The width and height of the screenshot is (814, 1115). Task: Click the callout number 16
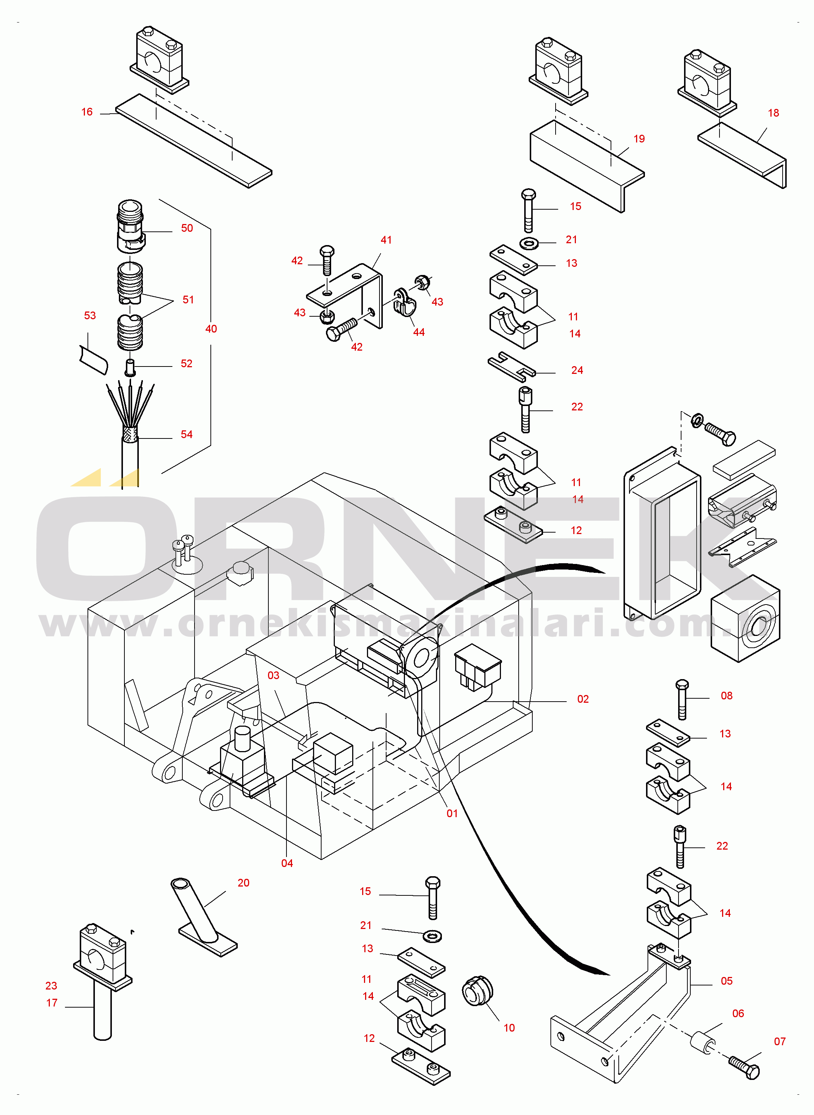pyautogui.click(x=87, y=112)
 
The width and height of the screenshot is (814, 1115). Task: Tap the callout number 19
pyautogui.click(x=639, y=139)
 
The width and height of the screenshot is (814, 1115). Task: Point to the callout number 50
pyautogui.click(x=187, y=228)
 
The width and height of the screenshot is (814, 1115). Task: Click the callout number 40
pyautogui.click(x=211, y=329)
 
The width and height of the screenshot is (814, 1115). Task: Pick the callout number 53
pyautogui.click(x=90, y=316)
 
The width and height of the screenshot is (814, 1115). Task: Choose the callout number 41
pyautogui.click(x=386, y=240)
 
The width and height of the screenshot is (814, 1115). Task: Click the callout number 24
pyautogui.click(x=577, y=370)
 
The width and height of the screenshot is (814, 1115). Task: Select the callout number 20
pyautogui.click(x=243, y=883)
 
